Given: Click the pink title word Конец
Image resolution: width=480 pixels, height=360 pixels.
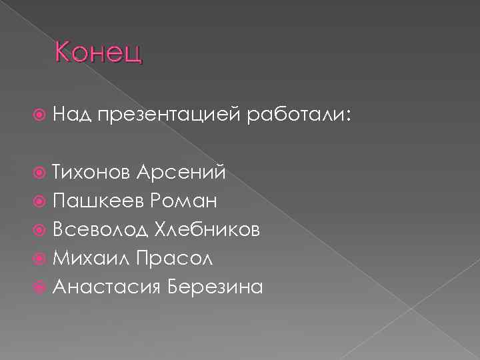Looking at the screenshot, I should [99, 51].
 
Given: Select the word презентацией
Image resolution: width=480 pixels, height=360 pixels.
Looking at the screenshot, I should [169, 116].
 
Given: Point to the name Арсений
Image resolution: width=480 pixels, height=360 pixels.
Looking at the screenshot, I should [181, 173].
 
